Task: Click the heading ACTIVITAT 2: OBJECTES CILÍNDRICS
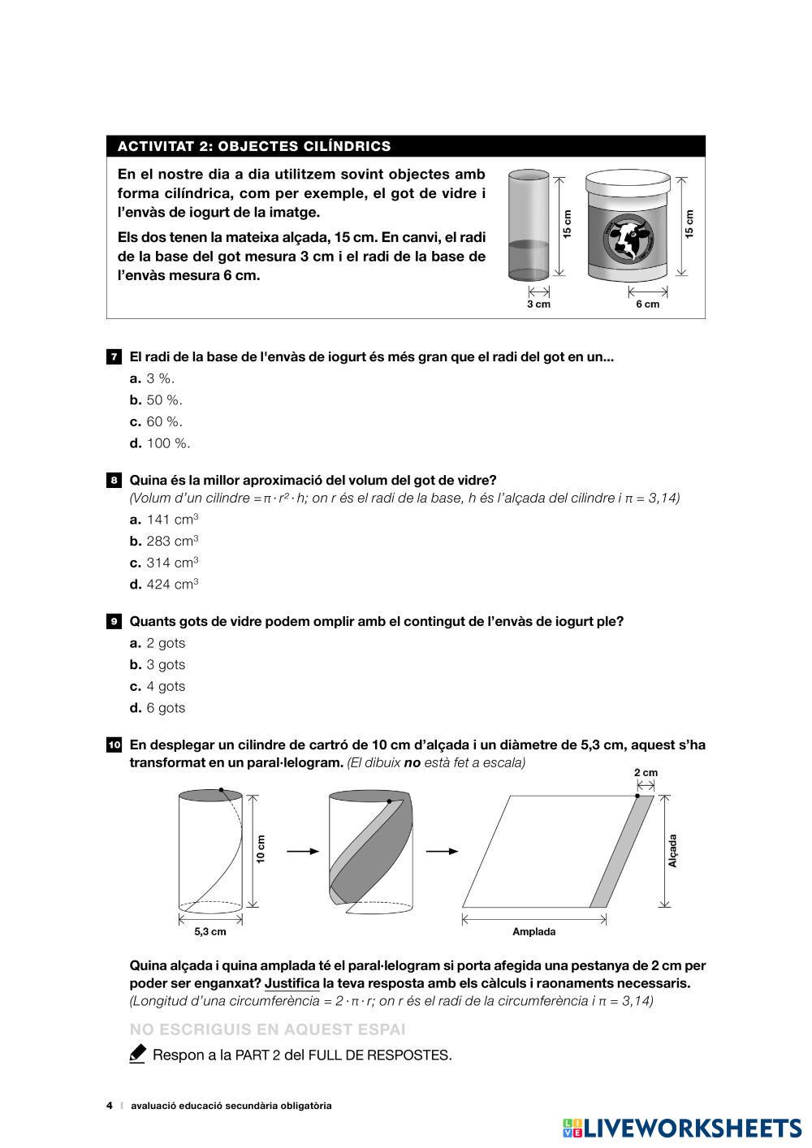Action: (254, 146)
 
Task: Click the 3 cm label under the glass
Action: (538, 304)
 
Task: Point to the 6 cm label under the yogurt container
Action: (647, 304)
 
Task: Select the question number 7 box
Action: (114, 357)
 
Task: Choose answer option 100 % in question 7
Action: (168, 443)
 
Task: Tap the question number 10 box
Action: (114, 745)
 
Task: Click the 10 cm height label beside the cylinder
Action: (261, 849)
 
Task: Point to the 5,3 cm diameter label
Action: (210, 932)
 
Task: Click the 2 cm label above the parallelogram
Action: (646, 773)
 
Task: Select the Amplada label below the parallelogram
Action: (533, 932)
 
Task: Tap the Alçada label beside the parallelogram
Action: (672, 851)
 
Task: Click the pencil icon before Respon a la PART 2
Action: (137, 1055)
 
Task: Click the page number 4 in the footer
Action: (110, 1106)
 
